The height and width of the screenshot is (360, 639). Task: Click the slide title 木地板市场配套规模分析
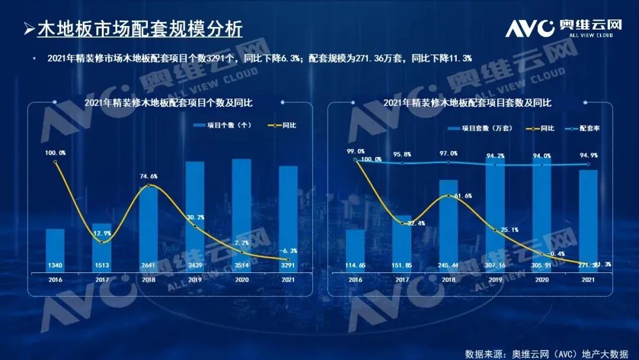click(x=140, y=29)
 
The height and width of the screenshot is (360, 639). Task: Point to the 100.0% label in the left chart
click(x=55, y=153)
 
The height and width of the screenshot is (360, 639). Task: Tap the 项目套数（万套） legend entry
click(x=479, y=128)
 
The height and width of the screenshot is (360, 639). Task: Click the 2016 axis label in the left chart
click(x=55, y=279)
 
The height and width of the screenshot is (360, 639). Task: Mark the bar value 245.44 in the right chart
click(x=448, y=265)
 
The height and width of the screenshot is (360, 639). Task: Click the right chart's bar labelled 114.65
click(x=355, y=249)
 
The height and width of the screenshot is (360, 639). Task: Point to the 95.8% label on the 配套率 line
click(x=402, y=155)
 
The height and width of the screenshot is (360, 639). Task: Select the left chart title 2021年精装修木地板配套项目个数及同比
click(x=169, y=102)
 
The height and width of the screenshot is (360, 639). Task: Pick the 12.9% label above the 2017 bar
click(x=102, y=234)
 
